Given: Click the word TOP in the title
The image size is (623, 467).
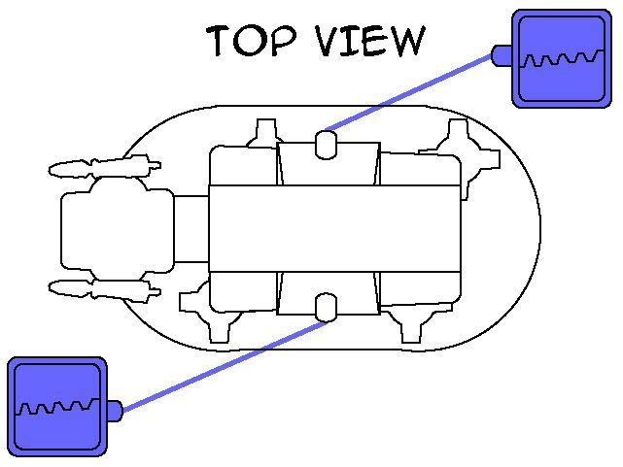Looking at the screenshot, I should point(248,42).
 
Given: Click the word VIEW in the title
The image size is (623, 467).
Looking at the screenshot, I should point(370,42).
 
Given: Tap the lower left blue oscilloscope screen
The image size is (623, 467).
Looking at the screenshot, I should point(56,405).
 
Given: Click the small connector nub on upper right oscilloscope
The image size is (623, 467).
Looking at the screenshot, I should point(502,55).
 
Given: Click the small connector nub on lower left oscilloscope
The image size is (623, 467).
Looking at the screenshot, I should point(113,411).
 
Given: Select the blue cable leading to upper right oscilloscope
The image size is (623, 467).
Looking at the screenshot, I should point(408,93).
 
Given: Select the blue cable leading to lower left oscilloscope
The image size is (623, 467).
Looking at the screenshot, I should point(224,361).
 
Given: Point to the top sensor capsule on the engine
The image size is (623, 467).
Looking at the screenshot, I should point(328,145).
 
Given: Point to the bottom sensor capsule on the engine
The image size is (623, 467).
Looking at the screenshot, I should point(328,307).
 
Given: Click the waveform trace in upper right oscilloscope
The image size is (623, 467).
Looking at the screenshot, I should point(556,61).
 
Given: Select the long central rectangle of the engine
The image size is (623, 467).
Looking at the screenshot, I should point(333,227).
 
